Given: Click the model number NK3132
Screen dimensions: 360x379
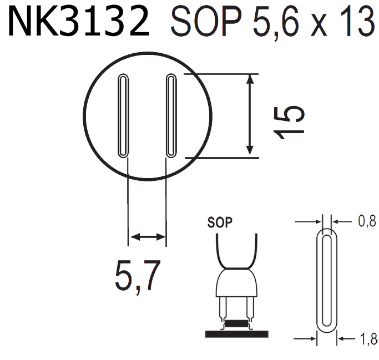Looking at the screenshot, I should pos(78,23).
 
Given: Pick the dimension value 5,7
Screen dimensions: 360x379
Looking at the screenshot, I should pos(137,276).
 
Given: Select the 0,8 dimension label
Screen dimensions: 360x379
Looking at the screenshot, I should pos(367,222).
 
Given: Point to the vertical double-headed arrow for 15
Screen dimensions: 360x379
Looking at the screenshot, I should pos(250,115).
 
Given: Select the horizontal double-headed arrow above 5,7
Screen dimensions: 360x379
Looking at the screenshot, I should pos(147,237).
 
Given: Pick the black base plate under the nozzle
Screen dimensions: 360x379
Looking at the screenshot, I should pos(236,333).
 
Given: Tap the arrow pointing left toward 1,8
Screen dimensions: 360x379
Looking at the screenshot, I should pos(346,337).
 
